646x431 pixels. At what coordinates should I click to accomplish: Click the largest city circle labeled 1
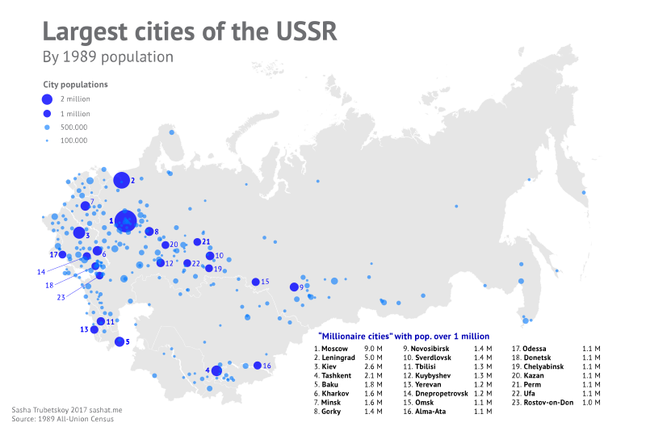125,220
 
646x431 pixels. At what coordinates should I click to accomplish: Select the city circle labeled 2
121,180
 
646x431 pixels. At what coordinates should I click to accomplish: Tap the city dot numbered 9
294,287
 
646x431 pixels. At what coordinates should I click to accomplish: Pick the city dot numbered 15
255,282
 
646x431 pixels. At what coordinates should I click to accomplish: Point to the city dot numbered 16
257,366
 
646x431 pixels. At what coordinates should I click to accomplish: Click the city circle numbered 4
216,371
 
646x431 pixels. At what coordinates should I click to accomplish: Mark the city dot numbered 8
149,232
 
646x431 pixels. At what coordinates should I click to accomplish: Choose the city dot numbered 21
197,242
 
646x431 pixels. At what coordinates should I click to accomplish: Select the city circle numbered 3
78,232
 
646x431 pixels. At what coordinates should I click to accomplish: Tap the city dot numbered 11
100,321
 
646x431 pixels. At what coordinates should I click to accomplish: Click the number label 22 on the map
196,263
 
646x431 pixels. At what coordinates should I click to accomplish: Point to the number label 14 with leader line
40,272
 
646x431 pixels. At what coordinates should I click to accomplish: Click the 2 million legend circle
47,98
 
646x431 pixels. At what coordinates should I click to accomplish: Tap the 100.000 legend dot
47,140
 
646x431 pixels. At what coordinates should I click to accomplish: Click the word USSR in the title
296,31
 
